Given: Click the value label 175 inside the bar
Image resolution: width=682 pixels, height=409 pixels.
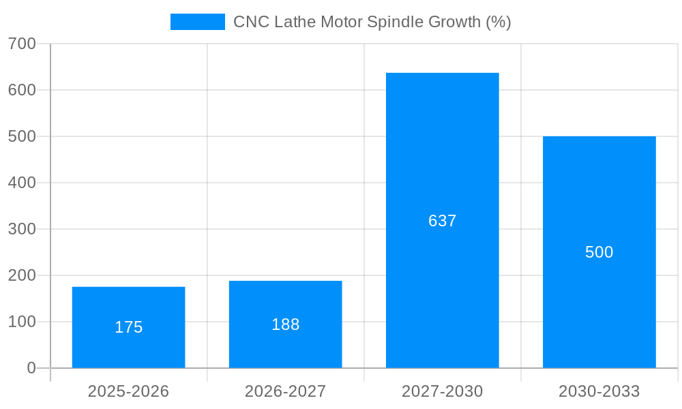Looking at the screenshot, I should (128, 327).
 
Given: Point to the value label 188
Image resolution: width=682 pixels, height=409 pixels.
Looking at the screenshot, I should (285, 324).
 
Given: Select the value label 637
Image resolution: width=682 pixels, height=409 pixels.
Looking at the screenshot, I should (442, 221).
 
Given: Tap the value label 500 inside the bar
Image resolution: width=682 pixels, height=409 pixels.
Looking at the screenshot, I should (599, 252).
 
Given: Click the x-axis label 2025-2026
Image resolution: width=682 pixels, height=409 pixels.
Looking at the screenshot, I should (128, 391).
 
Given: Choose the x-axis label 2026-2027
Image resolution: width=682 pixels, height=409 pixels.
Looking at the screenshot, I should (285, 391).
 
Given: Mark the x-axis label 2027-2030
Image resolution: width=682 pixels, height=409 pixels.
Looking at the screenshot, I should (442, 391).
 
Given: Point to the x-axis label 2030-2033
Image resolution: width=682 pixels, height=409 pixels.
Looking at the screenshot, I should (599, 391).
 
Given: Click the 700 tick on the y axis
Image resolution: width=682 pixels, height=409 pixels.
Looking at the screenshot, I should (22, 44).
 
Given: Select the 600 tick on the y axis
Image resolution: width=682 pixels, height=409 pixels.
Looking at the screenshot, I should (22, 90).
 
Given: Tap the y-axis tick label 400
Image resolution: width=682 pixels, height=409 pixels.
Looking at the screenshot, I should (22, 183).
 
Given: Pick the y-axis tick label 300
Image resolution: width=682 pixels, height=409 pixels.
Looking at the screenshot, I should (22, 229).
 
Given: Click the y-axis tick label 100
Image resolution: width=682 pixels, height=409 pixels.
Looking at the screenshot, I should (22, 322).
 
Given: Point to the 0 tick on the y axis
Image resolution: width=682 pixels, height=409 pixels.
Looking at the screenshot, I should (31, 368).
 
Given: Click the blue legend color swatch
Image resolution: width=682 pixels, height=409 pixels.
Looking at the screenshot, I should (197, 22).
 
